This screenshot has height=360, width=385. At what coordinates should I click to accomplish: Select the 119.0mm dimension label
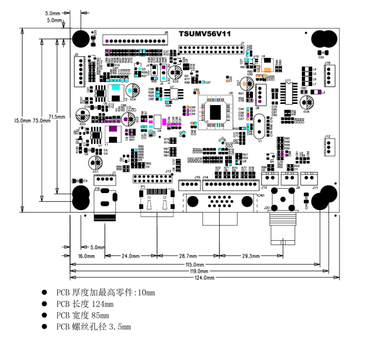point(199,271)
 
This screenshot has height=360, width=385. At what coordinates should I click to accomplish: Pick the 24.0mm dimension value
point(130,256)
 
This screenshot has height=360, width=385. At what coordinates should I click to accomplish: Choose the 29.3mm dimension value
point(251,256)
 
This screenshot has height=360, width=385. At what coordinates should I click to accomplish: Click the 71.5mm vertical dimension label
point(57,117)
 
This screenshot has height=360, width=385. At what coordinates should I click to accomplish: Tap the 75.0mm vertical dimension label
point(42,120)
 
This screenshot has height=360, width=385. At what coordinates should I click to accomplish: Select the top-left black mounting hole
point(82,38)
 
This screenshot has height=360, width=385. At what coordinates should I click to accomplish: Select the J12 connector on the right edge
point(328,147)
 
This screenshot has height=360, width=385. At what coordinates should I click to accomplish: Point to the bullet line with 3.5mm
point(94,327)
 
